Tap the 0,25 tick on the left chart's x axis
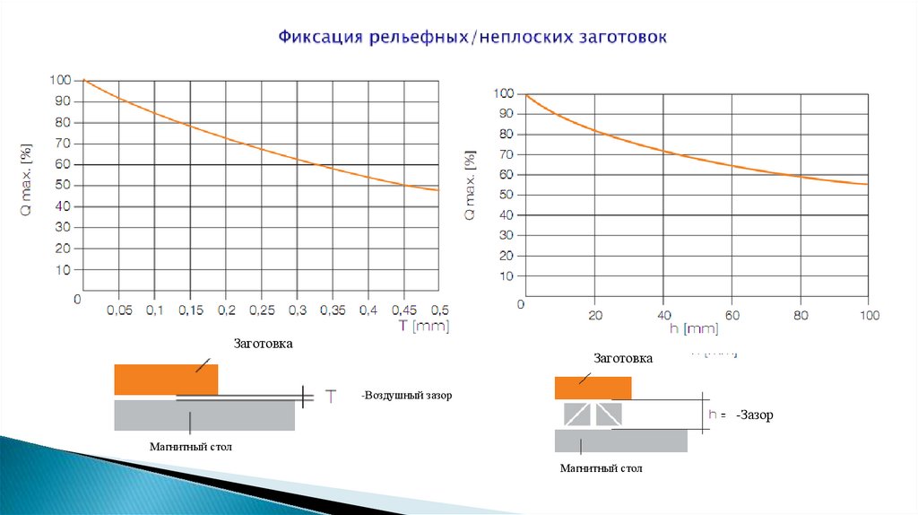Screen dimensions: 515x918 pyautogui.click(x=261, y=310)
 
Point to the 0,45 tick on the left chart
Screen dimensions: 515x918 pyautogui.click(x=403, y=310)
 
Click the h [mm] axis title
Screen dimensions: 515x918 pyautogui.click(x=695, y=329)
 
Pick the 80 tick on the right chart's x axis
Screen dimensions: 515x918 pyautogui.click(x=801, y=315)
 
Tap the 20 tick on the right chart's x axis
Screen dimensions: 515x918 pyautogui.click(x=594, y=315)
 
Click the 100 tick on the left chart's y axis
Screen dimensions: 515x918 pyautogui.click(x=60, y=80)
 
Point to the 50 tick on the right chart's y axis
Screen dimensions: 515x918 pyautogui.click(x=506, y=195)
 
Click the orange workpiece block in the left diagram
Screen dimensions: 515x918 pyautogui.click(x=166, y=380)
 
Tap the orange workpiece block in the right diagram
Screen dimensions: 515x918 pyautogui.click(x=593, y=388)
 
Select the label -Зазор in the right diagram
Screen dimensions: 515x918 pyautogui.click(x=754, y=415)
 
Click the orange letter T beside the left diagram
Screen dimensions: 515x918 pyautogui.click(x=330, y=395)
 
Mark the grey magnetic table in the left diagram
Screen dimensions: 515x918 pyautogui.click(x=204, y=415)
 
